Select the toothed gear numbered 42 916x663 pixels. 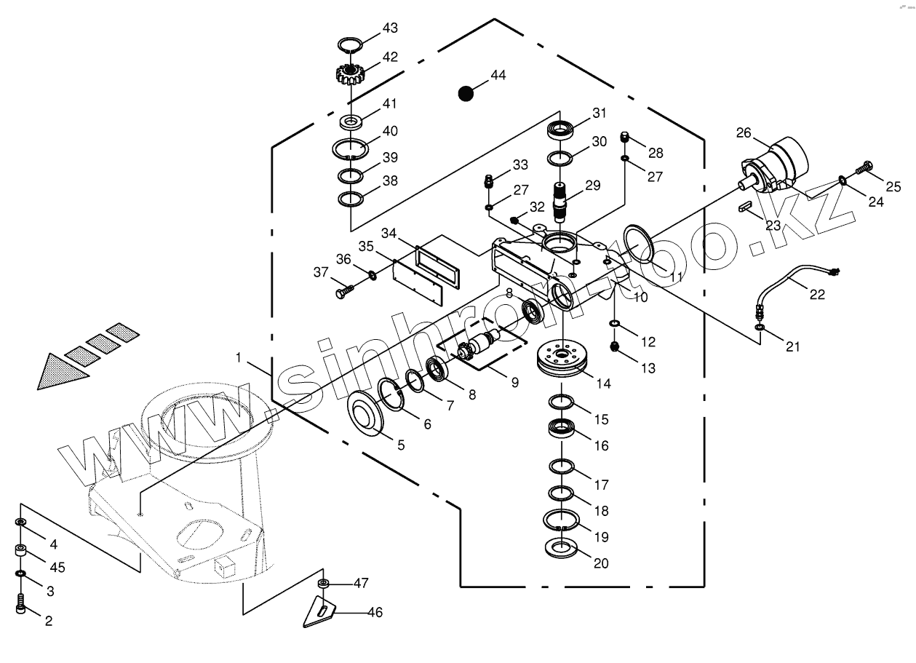coord(350,73)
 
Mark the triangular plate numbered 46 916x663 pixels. coord(320,611)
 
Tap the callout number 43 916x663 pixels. coord(390,28)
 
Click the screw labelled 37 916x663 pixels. coord(343,292)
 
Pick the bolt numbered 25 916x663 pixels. coord(865,167)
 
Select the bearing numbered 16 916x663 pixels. coord(562,427)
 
